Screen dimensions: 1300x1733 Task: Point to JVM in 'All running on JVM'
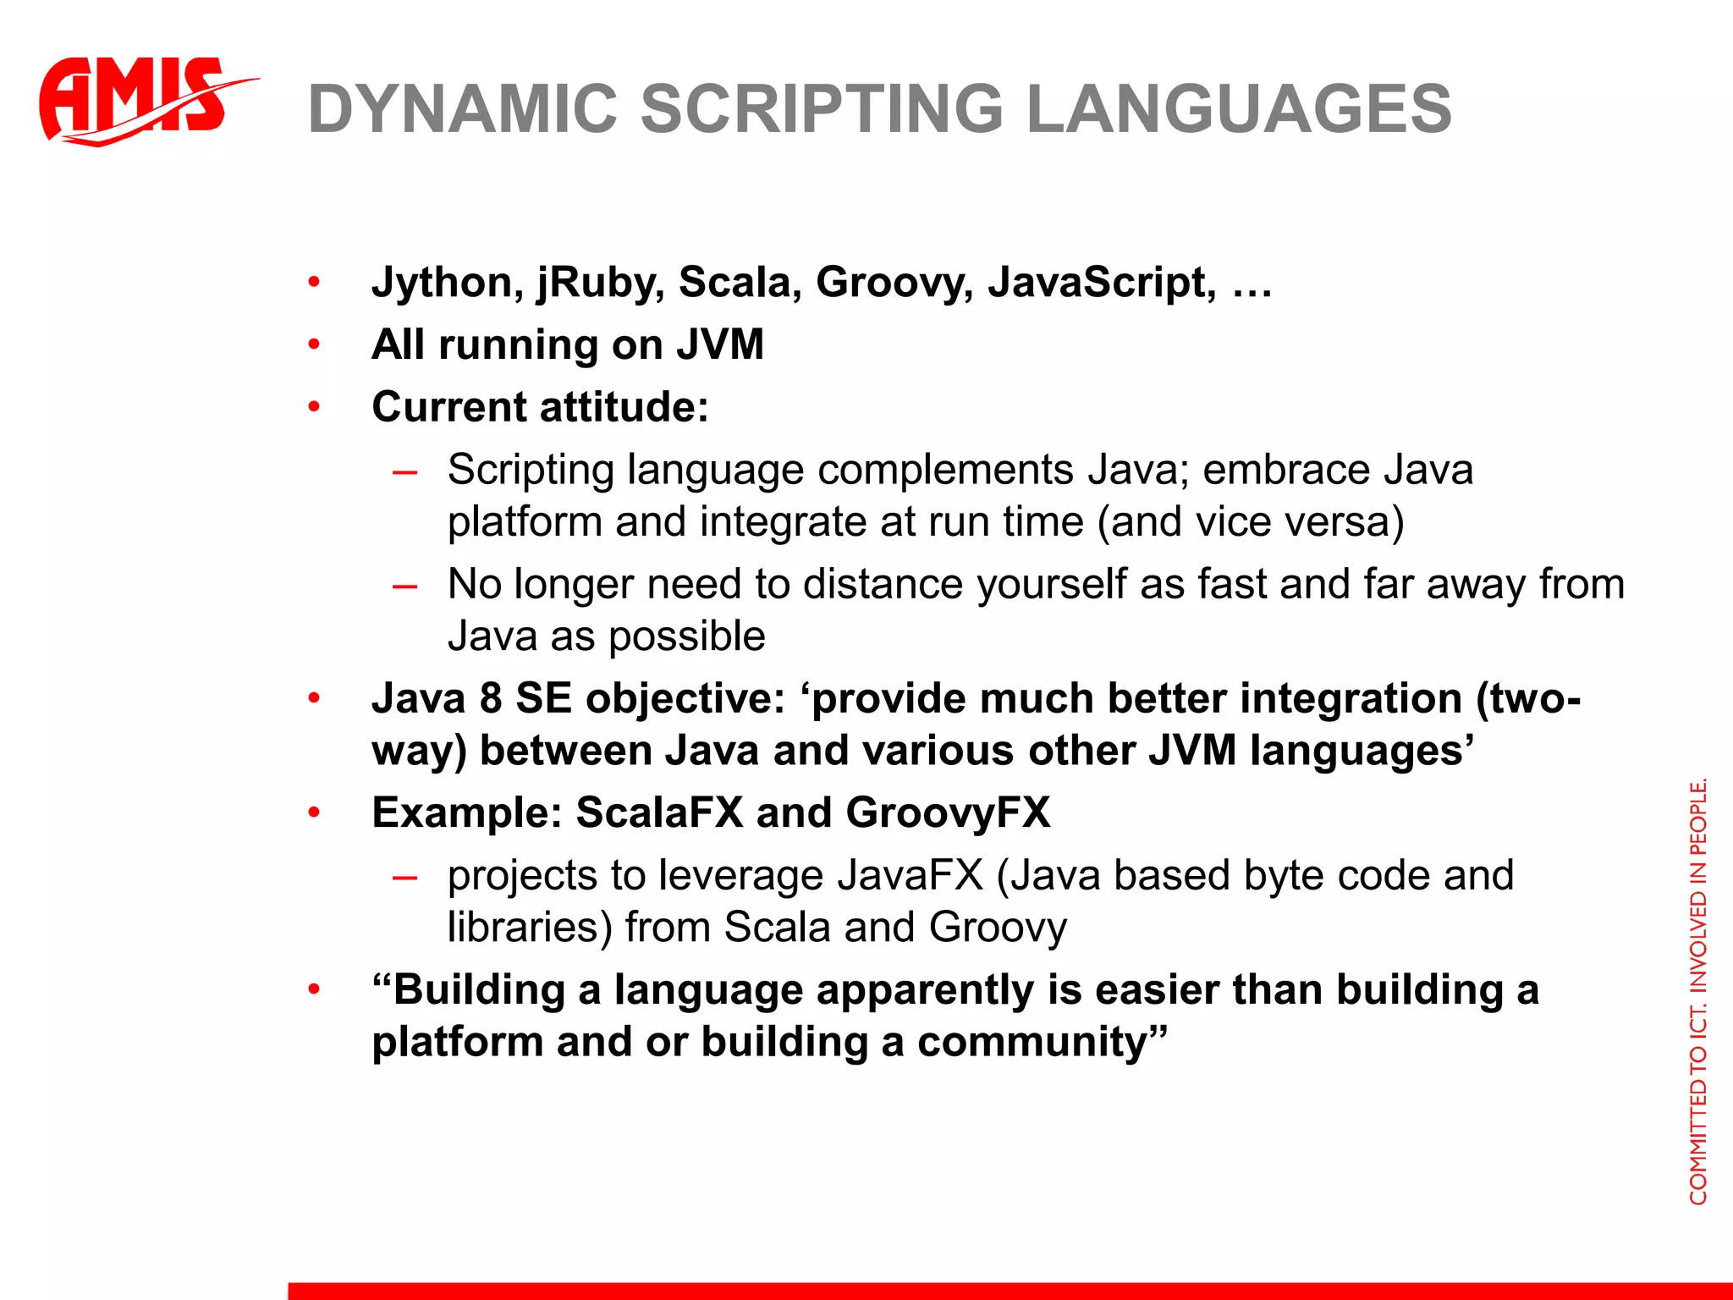(x=719, y=345)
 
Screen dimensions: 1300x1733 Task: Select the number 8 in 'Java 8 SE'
(x=491, y=699)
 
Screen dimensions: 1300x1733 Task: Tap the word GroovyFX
(x=948, y=812)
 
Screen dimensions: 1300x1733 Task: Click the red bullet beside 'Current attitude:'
(x=314, y=407)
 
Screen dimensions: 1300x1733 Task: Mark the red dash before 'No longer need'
(x=404, y=586)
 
